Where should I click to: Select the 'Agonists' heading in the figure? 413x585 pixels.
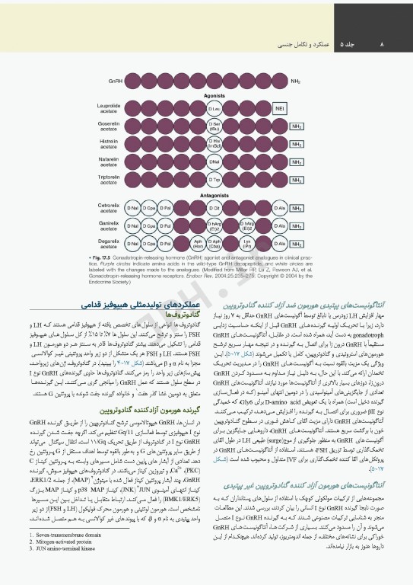point(214,97)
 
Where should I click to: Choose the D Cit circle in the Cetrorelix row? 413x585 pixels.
point(215,208)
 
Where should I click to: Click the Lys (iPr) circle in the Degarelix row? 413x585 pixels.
point(246,245)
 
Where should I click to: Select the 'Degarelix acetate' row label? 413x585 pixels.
point(109,244)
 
